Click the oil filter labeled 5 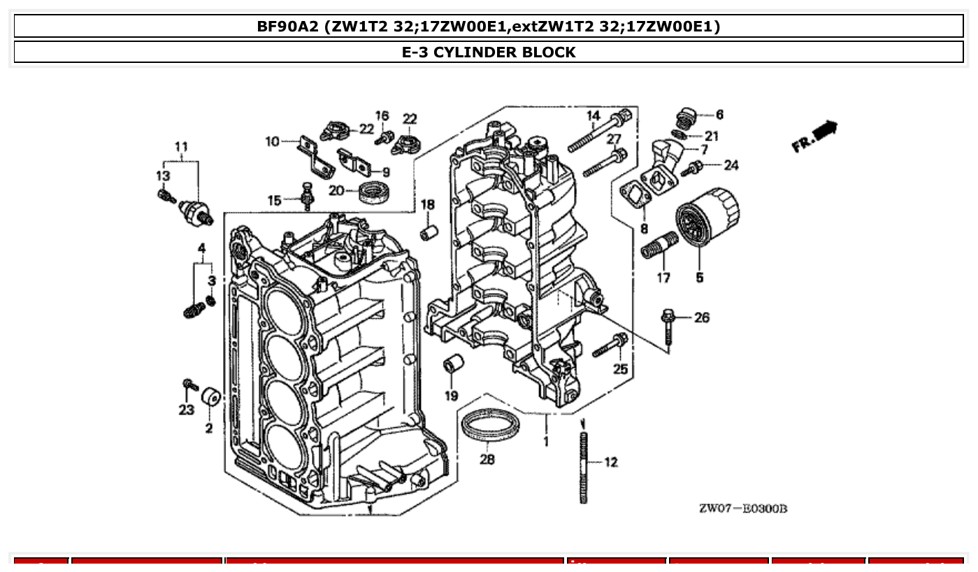707,216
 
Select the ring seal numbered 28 491,425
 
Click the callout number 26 702,318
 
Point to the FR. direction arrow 815,136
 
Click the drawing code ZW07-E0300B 743,508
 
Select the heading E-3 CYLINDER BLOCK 489,52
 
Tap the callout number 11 181,147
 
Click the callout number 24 731,166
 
